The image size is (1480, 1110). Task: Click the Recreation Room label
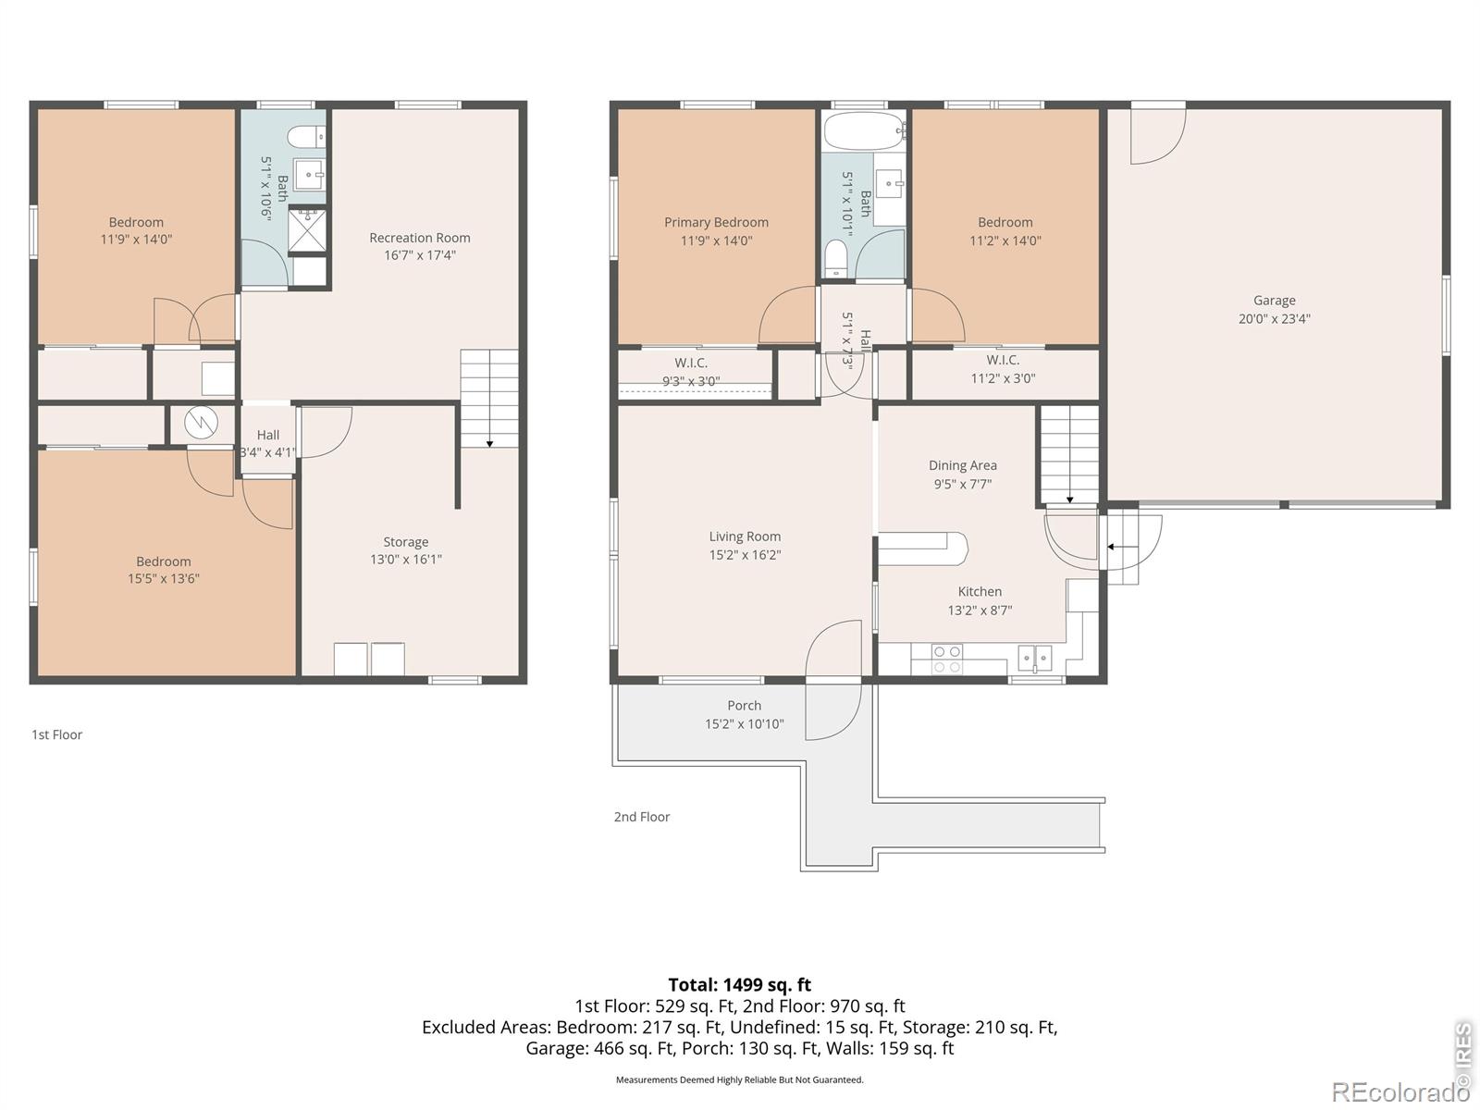(x=419, y=238)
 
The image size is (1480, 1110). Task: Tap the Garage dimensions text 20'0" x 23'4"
(x=1274, y=319)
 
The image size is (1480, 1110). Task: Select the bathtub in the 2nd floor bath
(x=863, y=131)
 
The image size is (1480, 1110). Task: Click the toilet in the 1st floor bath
(x=307, y=137)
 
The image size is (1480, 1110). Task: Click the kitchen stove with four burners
(x=946, y=660)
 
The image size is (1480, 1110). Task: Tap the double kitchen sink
(x=1034, y=658)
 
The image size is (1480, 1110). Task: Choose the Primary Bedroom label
(x=716, y=222)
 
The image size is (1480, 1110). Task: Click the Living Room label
(x=745, y=536)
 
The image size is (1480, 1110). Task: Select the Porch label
(x=745, y=706)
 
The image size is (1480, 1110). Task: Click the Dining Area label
(x=962, y=465)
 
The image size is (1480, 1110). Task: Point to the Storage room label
(x=405, y=542)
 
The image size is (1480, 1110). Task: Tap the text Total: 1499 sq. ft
(x=740, y=984)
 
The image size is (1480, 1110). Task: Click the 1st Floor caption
(x=56, y=734)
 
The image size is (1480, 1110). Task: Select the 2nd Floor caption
(x=641, y=817)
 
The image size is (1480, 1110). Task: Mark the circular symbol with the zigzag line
(x=201, y=423)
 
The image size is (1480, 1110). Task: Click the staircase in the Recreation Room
(x=489, y=399)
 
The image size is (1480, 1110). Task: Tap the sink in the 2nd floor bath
(x=890, y=182)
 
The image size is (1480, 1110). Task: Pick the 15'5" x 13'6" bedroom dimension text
(x=163, y=578)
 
